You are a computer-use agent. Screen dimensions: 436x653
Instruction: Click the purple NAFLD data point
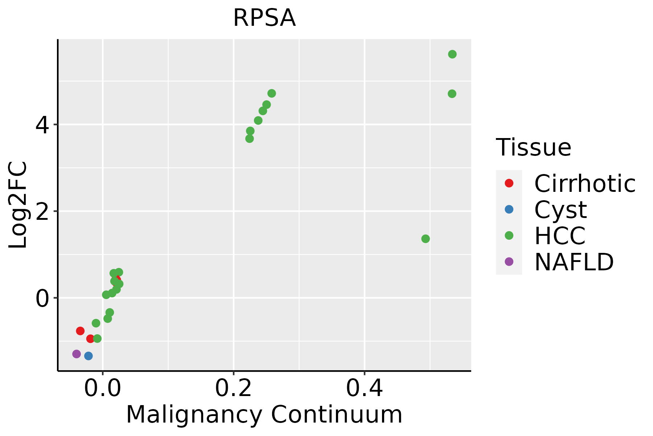point(77,354)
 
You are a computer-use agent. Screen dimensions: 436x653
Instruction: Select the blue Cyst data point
point(89,356)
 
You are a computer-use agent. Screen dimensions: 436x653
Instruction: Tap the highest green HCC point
point(452,54)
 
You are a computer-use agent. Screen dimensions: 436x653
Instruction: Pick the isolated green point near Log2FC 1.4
point(426,239)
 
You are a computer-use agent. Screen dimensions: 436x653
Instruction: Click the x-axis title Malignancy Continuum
point(264,415)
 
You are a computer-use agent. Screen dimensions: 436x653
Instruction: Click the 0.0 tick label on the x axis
point(103,388)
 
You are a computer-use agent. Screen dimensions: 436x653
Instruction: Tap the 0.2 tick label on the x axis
point(234,388)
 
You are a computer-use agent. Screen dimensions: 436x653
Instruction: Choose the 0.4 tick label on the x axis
point(364,388)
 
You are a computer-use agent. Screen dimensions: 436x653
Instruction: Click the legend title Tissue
point(534,148)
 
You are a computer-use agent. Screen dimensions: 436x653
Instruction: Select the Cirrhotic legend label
point(585,183)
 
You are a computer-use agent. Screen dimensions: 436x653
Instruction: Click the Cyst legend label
point(560,210)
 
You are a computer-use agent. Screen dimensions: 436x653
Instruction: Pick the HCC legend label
point(560,236)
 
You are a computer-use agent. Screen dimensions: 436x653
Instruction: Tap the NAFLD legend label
point(574,262)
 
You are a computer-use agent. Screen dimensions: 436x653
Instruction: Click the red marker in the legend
point(509,183)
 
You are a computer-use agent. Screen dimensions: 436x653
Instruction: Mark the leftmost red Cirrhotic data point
point(80,331)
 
